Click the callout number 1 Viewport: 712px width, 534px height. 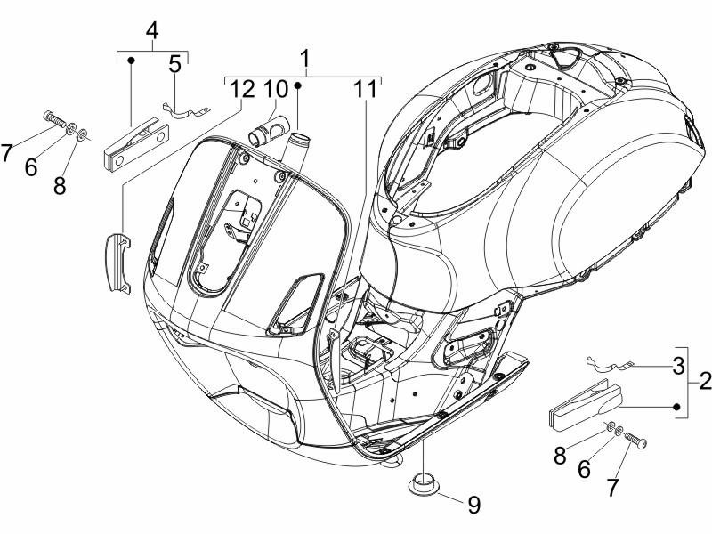(305, 61)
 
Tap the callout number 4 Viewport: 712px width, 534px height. (152, 30)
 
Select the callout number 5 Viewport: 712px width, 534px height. (174, 64)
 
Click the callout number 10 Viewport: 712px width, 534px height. (275, 89)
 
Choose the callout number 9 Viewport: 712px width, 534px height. (473, 505)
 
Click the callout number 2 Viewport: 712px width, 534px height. (703, 382)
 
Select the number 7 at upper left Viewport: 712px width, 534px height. (8, 152)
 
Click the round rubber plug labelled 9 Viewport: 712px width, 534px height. (424, 483)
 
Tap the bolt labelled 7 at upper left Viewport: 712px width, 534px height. (53, 120)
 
